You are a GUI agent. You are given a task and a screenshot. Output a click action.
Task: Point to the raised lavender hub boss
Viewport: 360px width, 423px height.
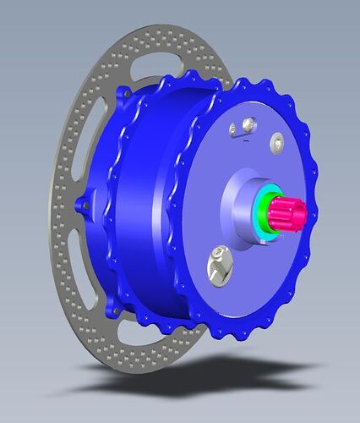241,203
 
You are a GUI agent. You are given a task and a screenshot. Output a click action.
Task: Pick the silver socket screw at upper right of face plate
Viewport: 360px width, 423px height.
275,140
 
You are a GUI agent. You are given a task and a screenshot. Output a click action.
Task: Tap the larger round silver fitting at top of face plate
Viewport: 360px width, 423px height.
246,125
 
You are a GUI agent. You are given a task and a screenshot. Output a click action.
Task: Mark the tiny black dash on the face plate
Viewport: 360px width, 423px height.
244,146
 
